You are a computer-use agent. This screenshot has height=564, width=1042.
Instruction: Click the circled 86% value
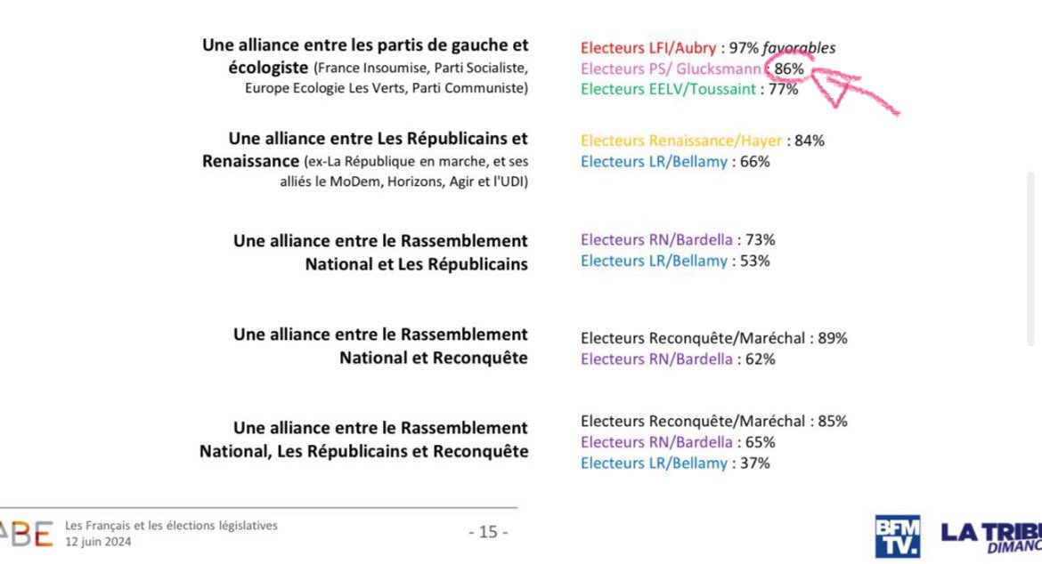pos(789,69)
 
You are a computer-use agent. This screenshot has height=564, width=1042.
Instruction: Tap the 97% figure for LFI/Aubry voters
pos(744,48)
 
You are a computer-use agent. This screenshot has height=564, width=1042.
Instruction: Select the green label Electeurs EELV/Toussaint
pos(668,89)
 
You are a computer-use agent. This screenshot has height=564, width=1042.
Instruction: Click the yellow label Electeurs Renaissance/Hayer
pos(681,141)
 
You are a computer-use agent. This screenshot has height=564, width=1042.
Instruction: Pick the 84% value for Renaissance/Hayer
pos(810,141)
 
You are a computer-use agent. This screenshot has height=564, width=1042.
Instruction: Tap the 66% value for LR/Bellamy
pos(755,162)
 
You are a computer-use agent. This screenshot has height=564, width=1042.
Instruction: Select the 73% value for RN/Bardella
pos(761,239)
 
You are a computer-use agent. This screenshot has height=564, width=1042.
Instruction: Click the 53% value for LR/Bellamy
pos(755,261)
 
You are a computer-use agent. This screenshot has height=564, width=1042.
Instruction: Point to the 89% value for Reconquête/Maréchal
pos(833,338)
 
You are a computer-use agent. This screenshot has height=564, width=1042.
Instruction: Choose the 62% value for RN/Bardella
pos(761,359)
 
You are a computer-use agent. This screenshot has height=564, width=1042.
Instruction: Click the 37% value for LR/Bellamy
pos(755,463)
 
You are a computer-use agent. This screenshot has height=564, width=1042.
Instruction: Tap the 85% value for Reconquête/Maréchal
pos(833,422)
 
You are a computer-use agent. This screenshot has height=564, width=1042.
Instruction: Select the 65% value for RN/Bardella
pos(761,442)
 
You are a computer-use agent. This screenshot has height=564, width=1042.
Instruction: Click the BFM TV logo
pos(897,536)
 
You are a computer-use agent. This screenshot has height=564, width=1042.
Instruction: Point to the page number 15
pos(488,532)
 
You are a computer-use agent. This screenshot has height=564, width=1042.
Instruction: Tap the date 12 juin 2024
pos(98,542)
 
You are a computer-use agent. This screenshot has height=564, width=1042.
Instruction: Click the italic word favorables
pos(799,48)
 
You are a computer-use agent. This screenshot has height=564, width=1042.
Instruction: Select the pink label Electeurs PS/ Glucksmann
pos(671,69)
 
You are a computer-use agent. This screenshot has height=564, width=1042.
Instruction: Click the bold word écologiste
pos(268,68)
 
